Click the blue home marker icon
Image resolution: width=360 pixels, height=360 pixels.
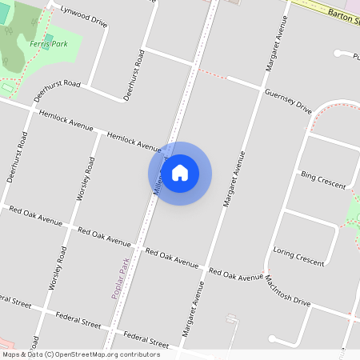pos(180,173)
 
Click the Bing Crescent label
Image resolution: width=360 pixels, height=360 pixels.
pos(322,179)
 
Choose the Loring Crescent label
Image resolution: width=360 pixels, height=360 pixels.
pos(299,255)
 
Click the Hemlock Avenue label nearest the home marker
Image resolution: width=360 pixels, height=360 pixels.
pos(134,142)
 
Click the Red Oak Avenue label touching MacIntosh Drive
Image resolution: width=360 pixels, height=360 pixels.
pos(235,274)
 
